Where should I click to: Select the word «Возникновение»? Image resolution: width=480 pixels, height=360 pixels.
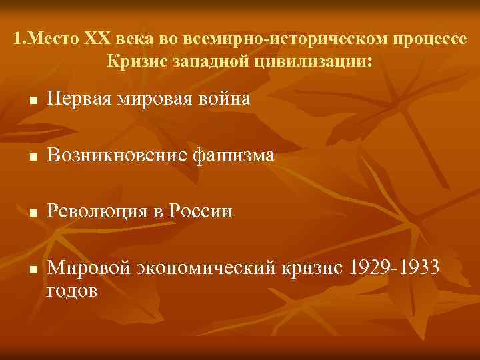click(117, 156)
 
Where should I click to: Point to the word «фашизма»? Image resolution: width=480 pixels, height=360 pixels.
click(233, 156)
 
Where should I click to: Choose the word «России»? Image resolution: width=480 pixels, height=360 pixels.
click(201, 212)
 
